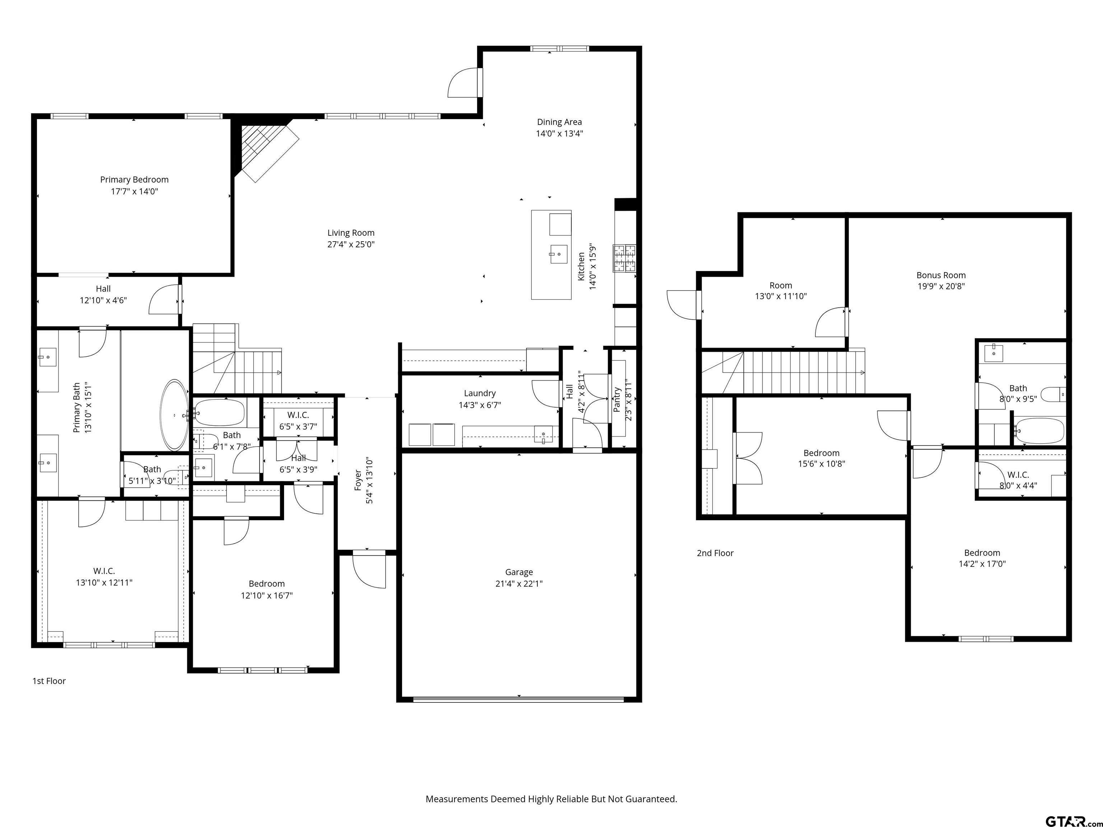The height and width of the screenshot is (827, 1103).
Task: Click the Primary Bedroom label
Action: coord(134,179)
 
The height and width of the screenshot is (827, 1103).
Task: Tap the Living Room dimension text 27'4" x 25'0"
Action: coord(351,244)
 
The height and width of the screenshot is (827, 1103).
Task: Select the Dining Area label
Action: coord(559,122)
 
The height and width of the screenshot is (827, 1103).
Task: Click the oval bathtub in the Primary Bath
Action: coord(174,415)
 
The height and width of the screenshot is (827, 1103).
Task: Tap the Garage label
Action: coord(519,572)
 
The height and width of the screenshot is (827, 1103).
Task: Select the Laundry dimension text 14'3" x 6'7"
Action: coord(480,405)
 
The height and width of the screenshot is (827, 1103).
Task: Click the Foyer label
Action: coord(358,480)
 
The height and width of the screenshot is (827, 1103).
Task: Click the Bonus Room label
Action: coord(941,275)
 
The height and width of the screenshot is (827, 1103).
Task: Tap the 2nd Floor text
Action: coord(715,553)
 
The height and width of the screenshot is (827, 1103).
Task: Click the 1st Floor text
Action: coord(49,681)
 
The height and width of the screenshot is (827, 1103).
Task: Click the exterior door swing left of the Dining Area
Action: coord(464,83)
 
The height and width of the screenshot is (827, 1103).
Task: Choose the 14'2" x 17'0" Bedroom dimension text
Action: coord(982,564)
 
